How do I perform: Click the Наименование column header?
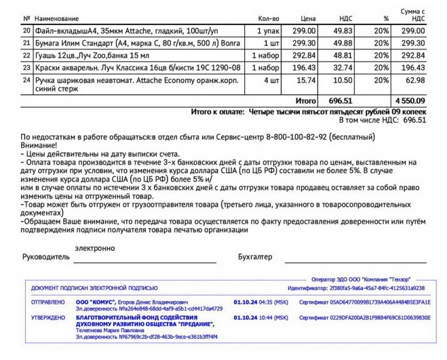57,18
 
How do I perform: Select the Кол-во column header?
269,18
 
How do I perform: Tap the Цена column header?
308,18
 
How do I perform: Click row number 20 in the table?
26,31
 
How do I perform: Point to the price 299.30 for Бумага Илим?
304,43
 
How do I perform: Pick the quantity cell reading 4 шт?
271,80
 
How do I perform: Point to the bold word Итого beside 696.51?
306,100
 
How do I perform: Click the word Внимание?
39,144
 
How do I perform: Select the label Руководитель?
45,257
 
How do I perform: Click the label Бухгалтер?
255,257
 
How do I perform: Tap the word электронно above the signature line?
95,248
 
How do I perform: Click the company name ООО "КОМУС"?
95,302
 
